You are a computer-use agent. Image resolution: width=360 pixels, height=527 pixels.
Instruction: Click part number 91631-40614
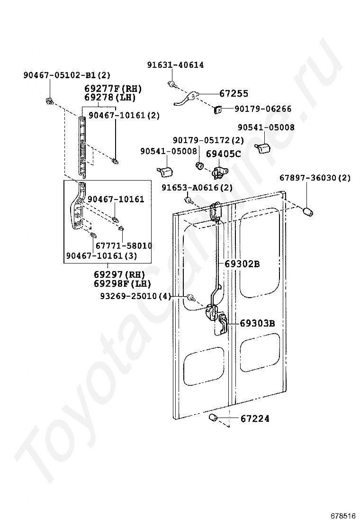pos(175,65)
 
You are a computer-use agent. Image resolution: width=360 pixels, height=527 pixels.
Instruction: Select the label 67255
pos(234,94)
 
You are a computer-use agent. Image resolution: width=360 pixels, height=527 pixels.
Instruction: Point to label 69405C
pos(224,154)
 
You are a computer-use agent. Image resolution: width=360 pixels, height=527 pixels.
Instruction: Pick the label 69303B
pos(257,324)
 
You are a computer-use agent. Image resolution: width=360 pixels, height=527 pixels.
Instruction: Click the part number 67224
pos(255,418)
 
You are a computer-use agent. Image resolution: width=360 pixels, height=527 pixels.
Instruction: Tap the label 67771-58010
pos(124,246)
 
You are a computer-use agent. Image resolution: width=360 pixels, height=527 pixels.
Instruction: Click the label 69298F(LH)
pos(122,283)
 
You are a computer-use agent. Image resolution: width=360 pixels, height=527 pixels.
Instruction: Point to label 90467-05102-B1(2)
pos(67,75)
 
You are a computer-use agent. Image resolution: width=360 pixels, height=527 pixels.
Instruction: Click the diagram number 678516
pos(343,516)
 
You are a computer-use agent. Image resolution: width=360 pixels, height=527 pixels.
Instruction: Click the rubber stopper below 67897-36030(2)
pos(308,212)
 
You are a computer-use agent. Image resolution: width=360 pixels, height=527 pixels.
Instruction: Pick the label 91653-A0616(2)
pos(197,188)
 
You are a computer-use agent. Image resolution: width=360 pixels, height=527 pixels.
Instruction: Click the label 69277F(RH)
pos(113,89)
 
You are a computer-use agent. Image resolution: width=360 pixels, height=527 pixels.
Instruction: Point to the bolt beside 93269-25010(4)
pos(191,298)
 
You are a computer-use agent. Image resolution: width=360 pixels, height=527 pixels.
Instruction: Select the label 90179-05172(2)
pos(208,140)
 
